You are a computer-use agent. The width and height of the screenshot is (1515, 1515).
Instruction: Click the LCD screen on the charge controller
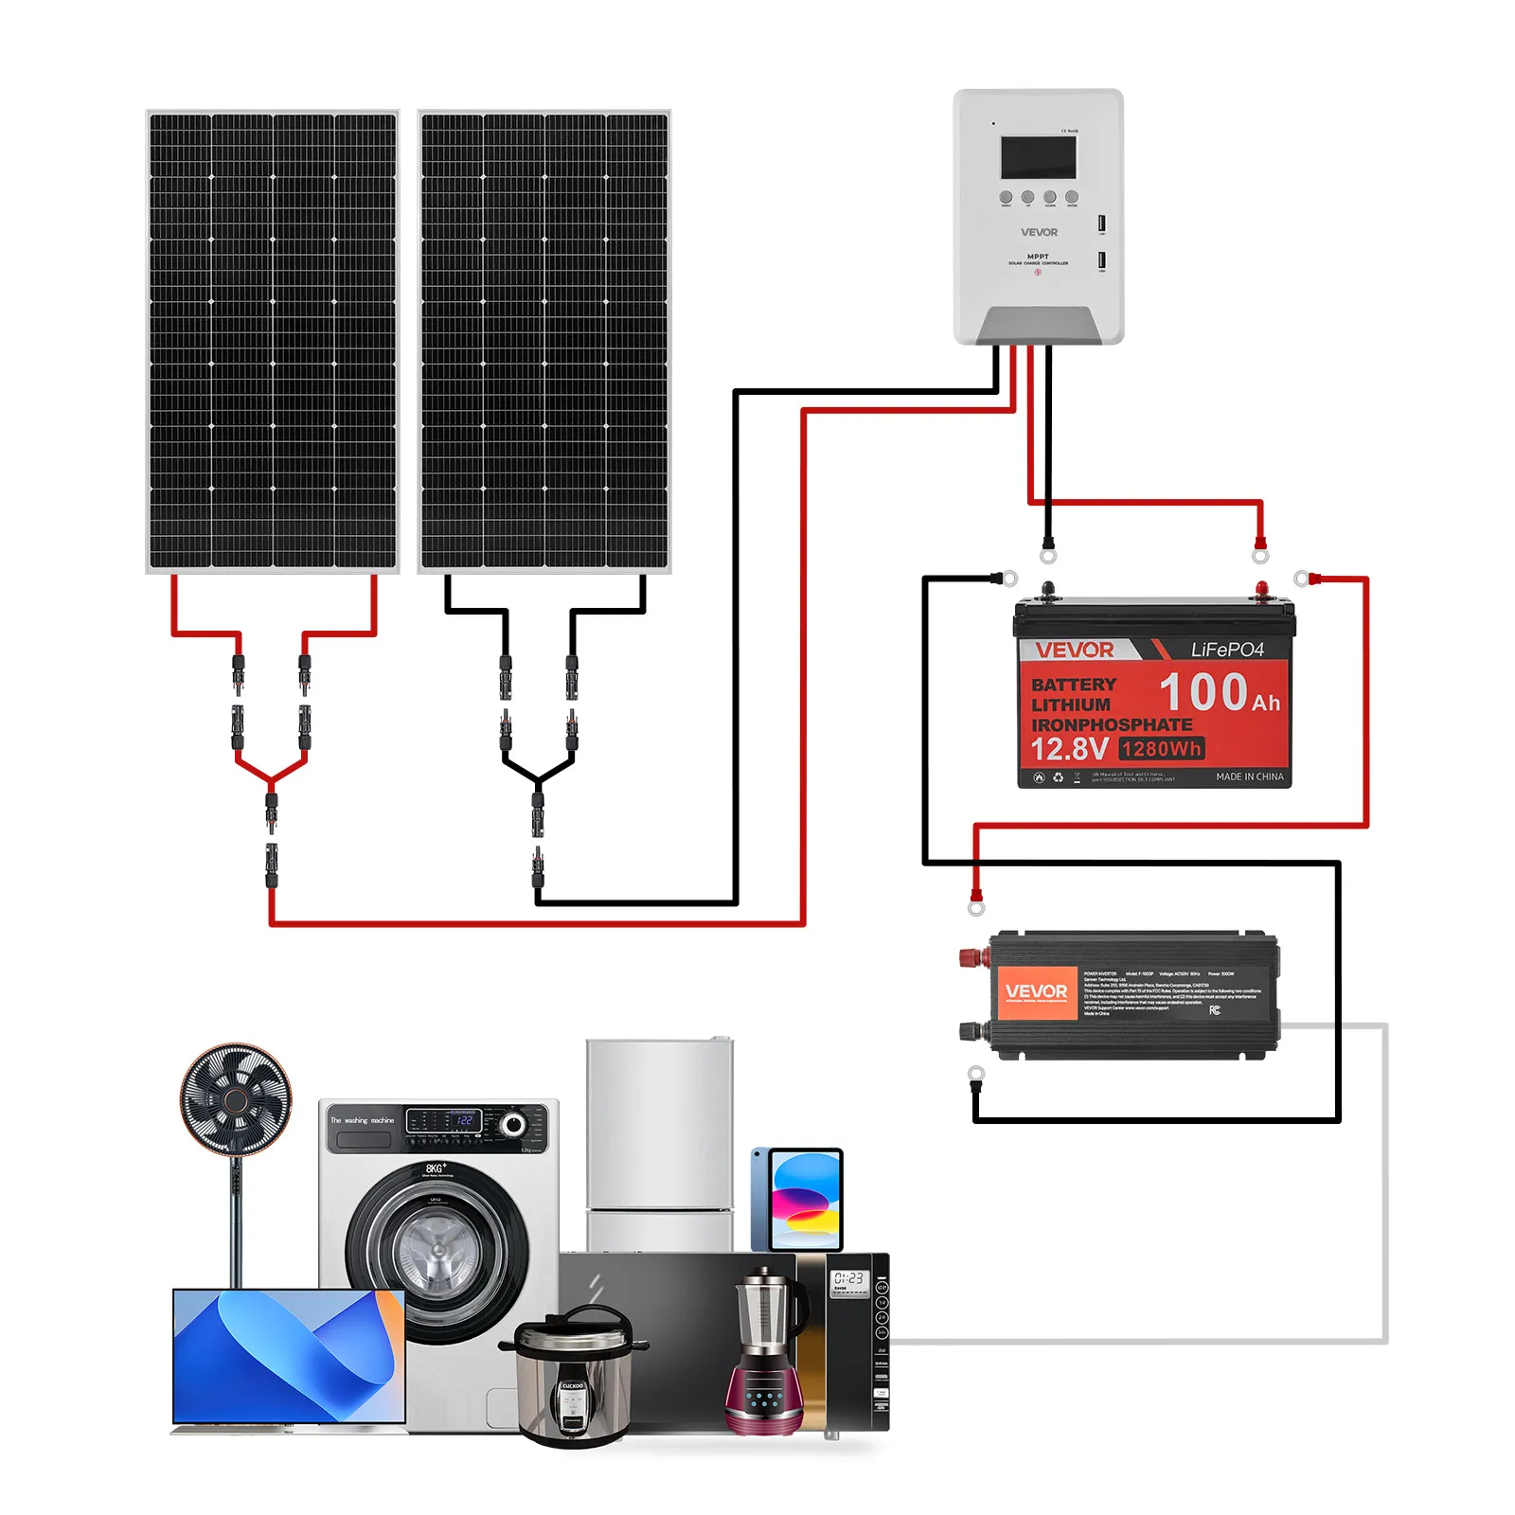tap(1038, 157)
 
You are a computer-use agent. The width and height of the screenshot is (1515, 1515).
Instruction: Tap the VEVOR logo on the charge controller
tap(1039, 232)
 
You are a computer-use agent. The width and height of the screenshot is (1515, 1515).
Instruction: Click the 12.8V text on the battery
tap(1069, 750)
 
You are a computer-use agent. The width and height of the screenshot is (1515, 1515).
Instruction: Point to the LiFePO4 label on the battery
tap(1227, 650)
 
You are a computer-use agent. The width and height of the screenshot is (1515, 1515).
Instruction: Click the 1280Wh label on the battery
tap(1161, 749)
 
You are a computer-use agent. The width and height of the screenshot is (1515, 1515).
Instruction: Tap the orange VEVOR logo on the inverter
tap(1036, 991)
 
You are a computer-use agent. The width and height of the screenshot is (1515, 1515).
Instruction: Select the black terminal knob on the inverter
tap(971, 1030)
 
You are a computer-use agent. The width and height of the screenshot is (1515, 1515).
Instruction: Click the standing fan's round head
tap(236, 1099)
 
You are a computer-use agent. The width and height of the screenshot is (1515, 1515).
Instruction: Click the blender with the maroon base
tap(764, 1354)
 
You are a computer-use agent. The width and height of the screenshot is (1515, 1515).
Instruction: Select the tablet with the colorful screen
tap(804, 1200)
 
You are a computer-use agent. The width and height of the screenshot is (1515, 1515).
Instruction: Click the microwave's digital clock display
tap(847, 1279)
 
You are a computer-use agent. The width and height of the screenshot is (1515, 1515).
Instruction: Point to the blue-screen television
tap(289, 1355)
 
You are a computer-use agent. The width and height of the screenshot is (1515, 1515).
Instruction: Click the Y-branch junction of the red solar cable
tap(272, 781)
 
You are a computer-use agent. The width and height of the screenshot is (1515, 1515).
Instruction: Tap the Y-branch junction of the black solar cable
tap(538, 781)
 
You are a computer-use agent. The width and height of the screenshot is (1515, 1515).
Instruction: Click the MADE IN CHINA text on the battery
tap(1249, 776)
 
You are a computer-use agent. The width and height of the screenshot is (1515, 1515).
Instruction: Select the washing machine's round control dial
tap(513, 1124)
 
